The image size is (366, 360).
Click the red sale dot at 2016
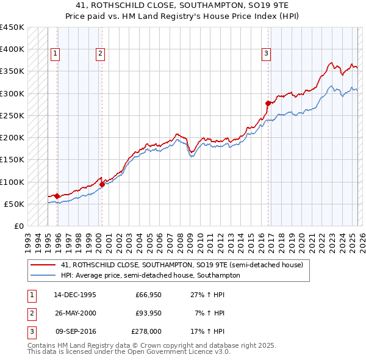[x=268, y=103]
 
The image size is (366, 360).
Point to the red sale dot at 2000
[x=102, y=184]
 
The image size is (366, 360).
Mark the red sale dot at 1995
[x=57, y=196]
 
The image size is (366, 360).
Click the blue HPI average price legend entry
[x=150, y=275]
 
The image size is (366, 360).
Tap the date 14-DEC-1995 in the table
[x=74, y=295]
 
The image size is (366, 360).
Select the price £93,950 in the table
[x=148, y=313]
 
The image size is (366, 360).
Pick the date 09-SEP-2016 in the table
[x=74, y=331]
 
